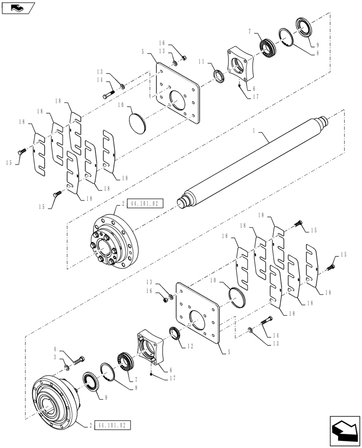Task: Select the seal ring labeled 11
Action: (x=219, y=75)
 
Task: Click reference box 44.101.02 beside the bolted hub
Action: (x=145, y=204)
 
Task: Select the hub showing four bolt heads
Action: (x=114, y=242)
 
